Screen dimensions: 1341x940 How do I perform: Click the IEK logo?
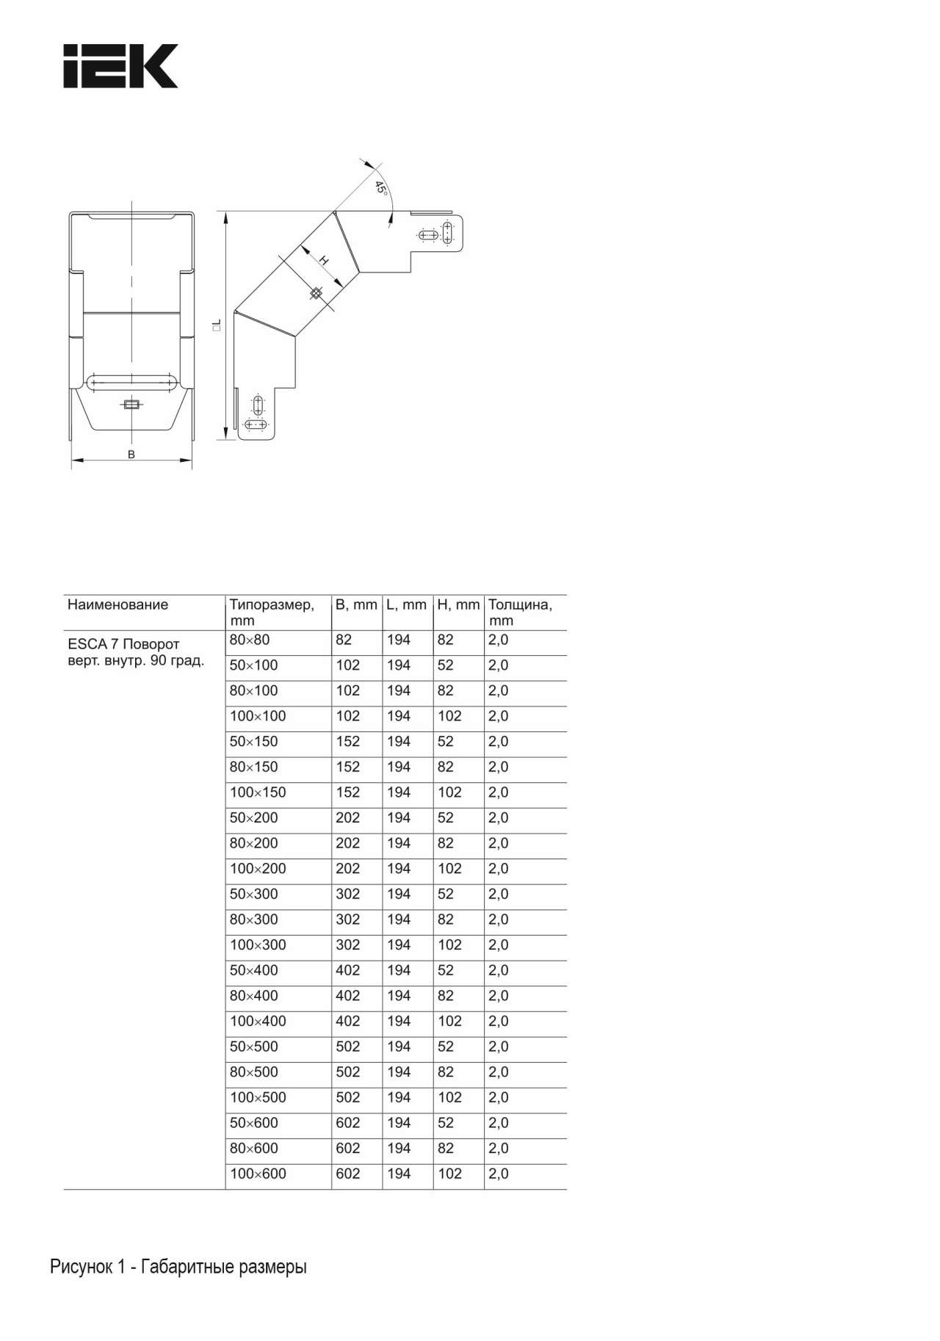click(120, 66)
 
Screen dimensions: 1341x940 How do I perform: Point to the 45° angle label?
click(380, 187)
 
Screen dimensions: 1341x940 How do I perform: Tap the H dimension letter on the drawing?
click(323, 261)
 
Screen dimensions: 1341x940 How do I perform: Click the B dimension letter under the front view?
click(131, 455)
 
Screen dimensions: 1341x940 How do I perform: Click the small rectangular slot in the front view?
click(132, 404)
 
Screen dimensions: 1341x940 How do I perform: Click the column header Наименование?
click(117, 605)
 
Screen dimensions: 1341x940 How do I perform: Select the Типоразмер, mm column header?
click(271, 612)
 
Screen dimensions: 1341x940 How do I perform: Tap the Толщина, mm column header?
click(520, 612)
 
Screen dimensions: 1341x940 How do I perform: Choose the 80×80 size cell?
click(250, 640)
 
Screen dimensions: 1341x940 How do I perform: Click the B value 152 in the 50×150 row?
click(348, 742)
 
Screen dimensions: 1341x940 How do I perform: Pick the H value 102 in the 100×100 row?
click(449, 716)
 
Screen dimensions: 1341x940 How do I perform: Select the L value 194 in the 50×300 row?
click(399, 894)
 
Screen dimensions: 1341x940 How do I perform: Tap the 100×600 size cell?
click(258, 1174)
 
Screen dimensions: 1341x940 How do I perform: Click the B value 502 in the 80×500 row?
click(348, 1072)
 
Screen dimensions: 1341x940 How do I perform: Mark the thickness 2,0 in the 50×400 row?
click(498, 971)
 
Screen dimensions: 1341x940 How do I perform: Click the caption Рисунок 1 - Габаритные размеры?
click(178, 1267)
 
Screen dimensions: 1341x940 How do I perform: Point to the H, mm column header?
click(458, 605)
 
